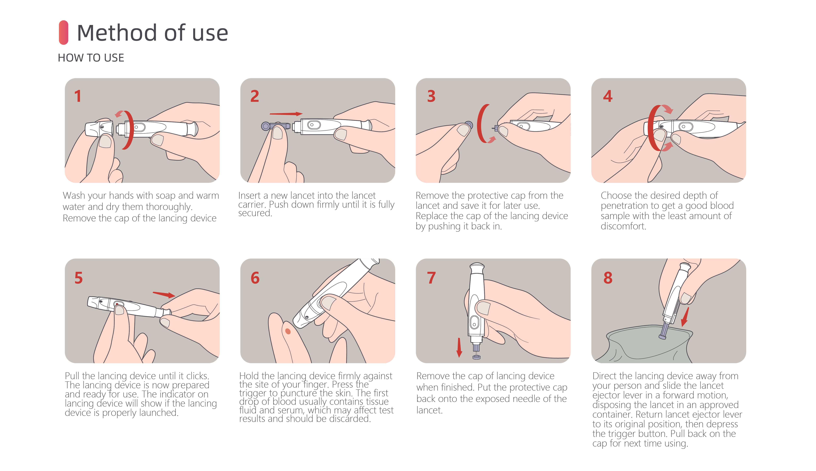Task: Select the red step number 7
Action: pyautogui.click(x=431, y=278)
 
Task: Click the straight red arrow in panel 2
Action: pyautogui.click(x=286, y=114)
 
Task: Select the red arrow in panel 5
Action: pyautogui.click(x=164, y=294)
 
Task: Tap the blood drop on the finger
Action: pyautogui.click(x=288, y=331)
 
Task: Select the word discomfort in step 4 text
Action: pyautogui.click(x=623, y=226)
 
